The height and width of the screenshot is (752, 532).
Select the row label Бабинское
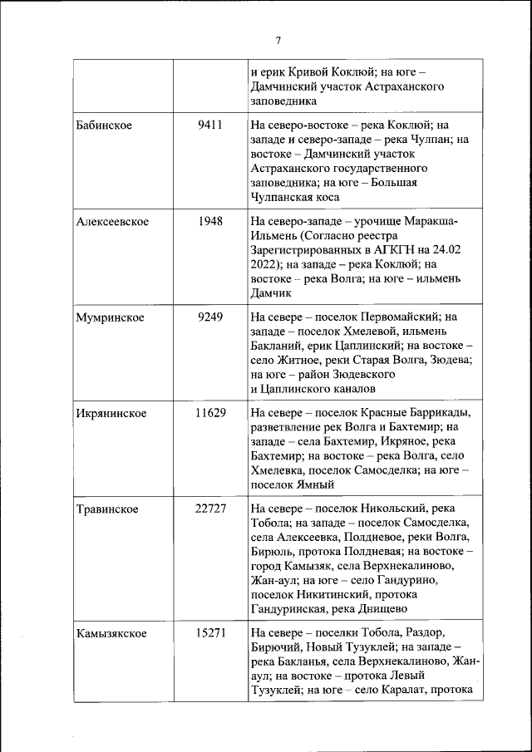click(x=104, y=125)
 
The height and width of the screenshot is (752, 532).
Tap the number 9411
click(x=210, y=125)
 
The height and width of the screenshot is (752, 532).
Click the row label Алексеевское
click(x=112, y=221)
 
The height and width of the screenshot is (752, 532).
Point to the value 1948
click(x=210, y=221)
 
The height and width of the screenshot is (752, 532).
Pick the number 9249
click(x=210, y=317)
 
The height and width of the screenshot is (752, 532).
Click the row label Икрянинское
click(x=111, y=413)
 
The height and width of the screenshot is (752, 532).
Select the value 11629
click(x=210, y=413)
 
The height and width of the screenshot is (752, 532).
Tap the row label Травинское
click(x=107, y=509)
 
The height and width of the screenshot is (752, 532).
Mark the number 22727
click(x=210, y=509)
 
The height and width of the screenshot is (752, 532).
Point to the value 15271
click(x=210, y=633)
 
